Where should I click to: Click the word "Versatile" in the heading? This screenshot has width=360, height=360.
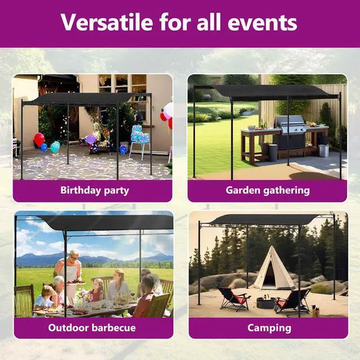[107, 22]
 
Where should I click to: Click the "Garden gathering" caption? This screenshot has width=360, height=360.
[267, 190]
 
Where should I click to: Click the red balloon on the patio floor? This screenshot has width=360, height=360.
[39, 139]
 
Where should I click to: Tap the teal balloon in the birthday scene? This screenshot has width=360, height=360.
[55, 147]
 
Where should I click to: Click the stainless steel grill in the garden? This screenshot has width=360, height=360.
[291, 125]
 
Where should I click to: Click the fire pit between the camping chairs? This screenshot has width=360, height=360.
[265, 303]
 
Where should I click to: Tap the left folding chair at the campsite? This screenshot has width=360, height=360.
[232, 298]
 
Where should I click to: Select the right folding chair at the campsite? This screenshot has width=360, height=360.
[293, 301]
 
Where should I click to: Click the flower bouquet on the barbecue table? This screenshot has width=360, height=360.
[83, 296]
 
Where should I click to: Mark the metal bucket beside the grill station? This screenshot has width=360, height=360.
[323, 150]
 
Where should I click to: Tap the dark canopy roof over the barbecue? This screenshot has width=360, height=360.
[107, 222]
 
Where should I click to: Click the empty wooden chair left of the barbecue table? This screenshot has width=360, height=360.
[24, 301]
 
